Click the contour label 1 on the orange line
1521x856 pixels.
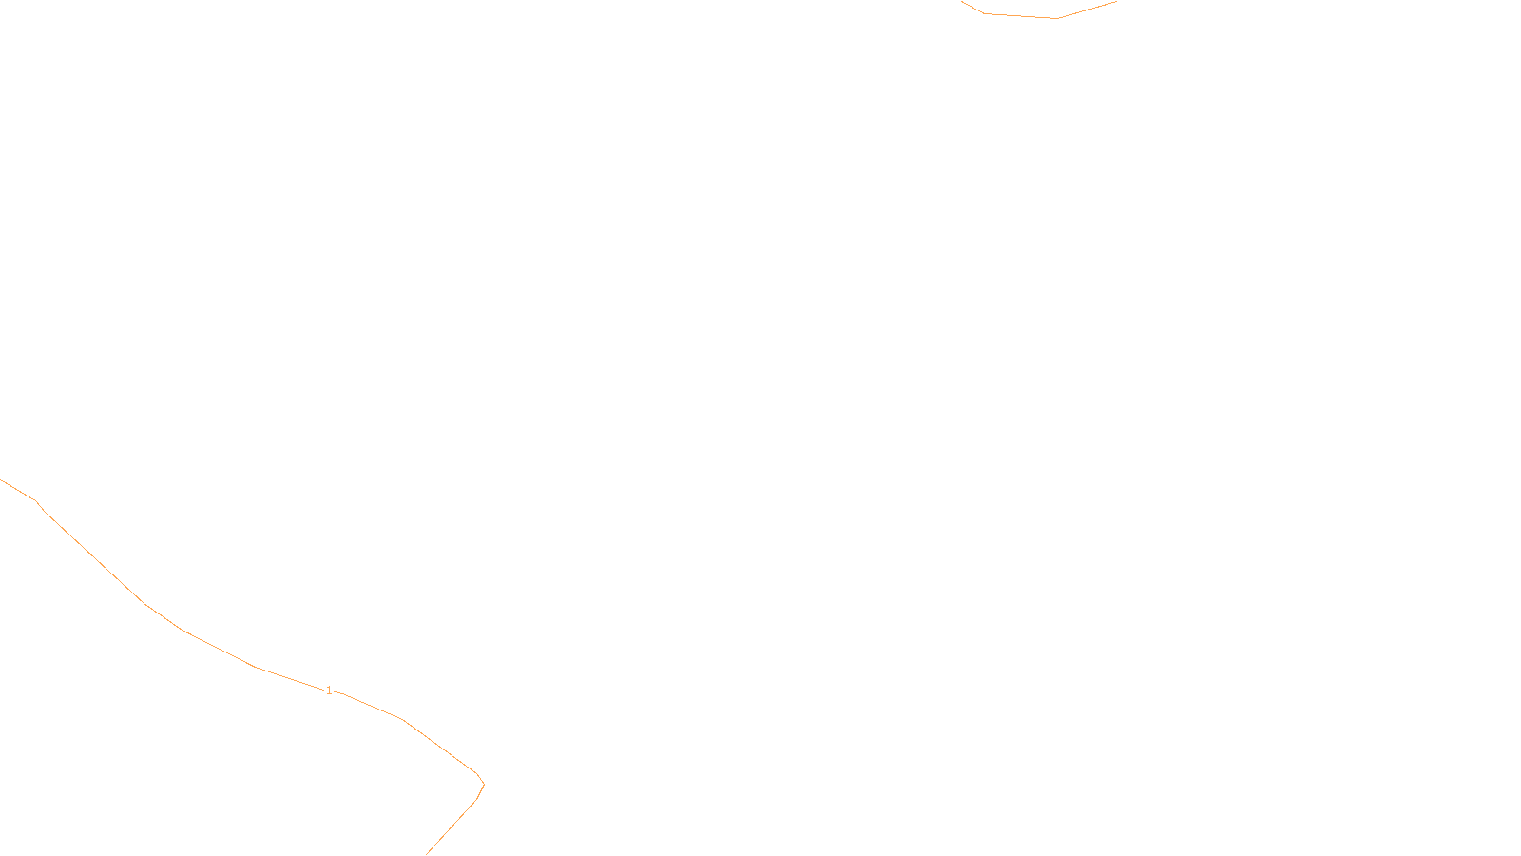click(x=329, y=691)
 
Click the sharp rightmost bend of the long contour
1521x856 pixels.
click(x=484, y=785)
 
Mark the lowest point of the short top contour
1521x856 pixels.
click(x=1055, y=18)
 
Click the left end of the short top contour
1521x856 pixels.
click(x=962, y=2)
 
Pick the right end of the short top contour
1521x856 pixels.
click(x=1116, y=2)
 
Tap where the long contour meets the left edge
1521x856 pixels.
click(x=1, y=480)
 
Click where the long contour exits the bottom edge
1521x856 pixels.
click(x=427, y=854)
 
